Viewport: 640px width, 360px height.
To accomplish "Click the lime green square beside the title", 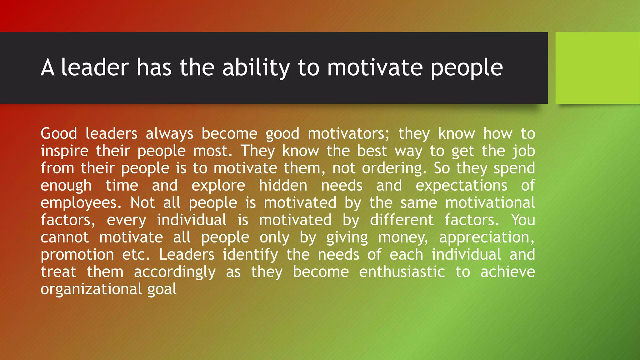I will [597, 68].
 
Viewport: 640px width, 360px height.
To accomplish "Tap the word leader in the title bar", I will [95, 67].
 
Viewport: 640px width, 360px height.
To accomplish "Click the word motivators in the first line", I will [349, 134].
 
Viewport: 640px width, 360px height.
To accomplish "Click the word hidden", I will [283, 186].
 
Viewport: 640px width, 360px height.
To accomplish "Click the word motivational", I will [490, 203].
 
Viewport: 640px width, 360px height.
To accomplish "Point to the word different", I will [402, 220].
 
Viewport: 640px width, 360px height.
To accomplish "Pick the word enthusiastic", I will [402, 272].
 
